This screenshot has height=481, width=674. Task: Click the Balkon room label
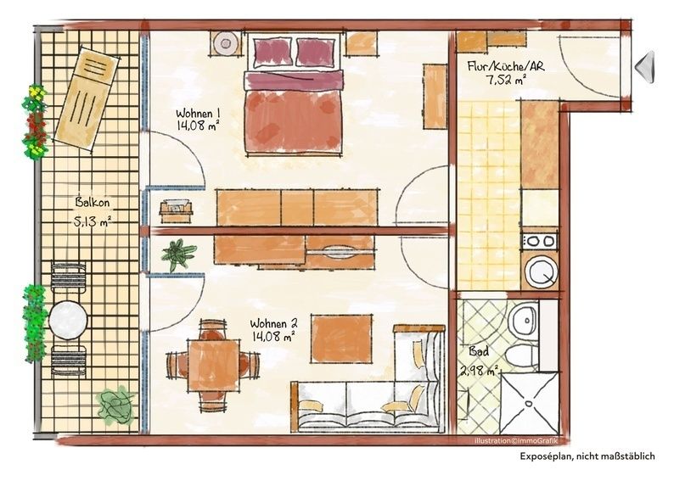(x=92, y=202)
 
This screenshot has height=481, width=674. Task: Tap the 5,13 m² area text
(x=93, y=222)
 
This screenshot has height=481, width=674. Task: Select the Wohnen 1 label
(x=198, y=114)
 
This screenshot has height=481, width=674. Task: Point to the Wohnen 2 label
(x=274, y=323)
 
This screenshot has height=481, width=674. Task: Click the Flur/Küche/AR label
(x=506, y=66)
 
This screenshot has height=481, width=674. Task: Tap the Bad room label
(x=479, y=352)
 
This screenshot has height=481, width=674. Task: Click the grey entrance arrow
(x=645, y=66)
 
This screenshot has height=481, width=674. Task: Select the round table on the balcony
(x=68, y=320)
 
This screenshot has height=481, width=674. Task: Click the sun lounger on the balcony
(x=86, y=98)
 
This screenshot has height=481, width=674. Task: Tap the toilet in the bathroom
(x=522, y=356)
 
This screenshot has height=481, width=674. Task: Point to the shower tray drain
(x=527, y=404)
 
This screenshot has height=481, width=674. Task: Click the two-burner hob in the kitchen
(x=540, y=242)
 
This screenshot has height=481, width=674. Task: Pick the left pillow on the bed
(x=272, y=52)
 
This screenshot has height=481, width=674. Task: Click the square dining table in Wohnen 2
(x=213, y=365)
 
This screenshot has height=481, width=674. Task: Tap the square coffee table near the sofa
(x=342, y=339)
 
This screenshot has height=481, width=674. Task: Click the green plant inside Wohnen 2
(x=178, y=254)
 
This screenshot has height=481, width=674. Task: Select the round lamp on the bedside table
(x=226, y=43)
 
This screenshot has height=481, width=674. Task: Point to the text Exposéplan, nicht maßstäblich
(x=587, y=456)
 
